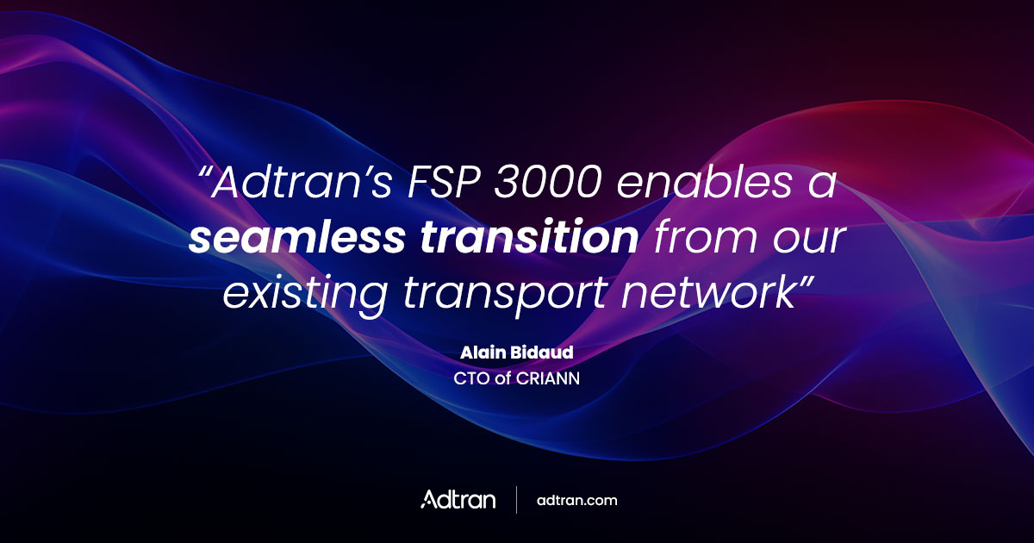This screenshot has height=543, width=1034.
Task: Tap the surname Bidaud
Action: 543,354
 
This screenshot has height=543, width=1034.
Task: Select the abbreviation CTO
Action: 470,377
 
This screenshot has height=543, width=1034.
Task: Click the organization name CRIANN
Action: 543,377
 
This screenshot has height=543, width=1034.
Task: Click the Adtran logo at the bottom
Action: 458,499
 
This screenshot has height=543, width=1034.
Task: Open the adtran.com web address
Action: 576,500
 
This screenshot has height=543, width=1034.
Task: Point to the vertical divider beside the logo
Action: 516,500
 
